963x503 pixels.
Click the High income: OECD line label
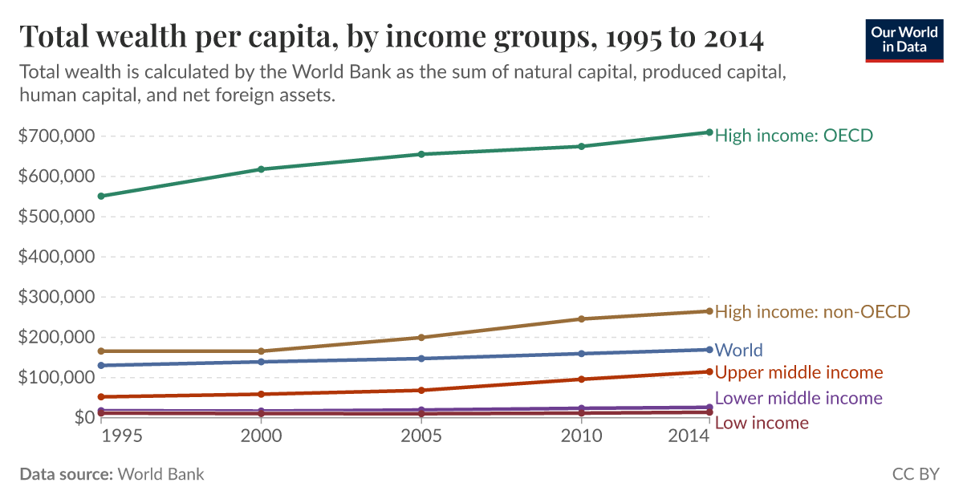tap(793, 136)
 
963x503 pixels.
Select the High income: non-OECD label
tap(812, 311)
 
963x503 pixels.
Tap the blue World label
tap(738, 350)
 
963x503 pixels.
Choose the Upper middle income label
tap(798, 372)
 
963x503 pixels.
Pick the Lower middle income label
tap(798, 398)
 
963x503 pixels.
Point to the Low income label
tap(762, 423)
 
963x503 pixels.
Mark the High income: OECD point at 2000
tap(261, 169)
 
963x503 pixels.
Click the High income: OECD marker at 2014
tap(709, 132)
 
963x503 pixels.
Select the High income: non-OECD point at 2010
tap(581, 318)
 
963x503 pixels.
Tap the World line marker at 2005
tap(421, 359)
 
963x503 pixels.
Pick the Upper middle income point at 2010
tap(581, 379)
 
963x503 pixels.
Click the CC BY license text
tap(915, 474)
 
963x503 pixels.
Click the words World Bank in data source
tap(160, 474)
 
